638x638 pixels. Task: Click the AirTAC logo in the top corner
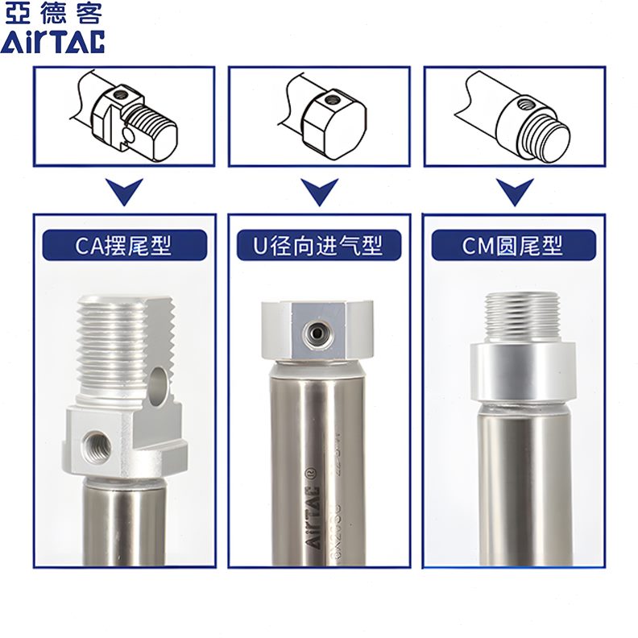[x=52, y=42]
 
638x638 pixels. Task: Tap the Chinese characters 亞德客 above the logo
[x=52, y=14]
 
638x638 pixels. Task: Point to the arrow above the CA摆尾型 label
[x=124, y=192]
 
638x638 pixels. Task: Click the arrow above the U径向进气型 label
[x=320, y=192]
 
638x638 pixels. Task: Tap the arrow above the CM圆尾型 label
[x=513, y=192]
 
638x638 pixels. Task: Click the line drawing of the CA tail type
[x=124, y=117]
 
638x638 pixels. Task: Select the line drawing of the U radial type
[x=320, y=117]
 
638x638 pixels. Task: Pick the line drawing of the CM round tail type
[x=513, y=117]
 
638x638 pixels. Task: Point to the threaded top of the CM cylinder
[x=523, y=317]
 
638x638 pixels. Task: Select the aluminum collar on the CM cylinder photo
[x=523, y=372]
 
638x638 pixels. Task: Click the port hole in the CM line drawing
[x=524, y=104]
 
